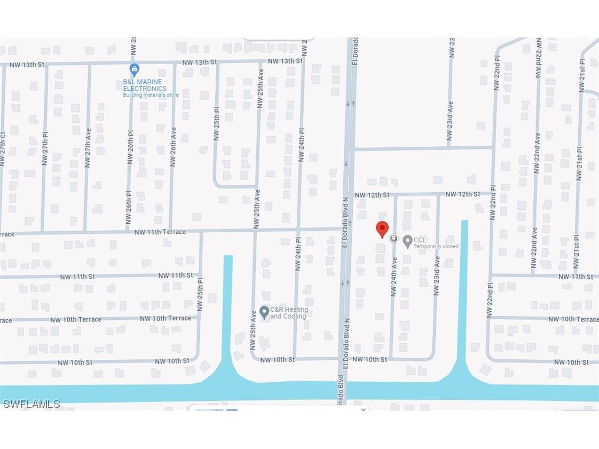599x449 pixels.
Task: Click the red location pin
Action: tap(382, 229)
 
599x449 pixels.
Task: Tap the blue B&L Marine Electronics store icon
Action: tap(135, 69)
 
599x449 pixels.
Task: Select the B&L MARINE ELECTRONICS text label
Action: tap(145, 85)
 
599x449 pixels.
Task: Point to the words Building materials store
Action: tap(151, 95)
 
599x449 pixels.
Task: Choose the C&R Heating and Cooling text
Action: tap(289, 313)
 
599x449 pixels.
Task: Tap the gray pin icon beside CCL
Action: tap(407, 241)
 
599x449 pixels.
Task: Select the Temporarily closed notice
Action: tap(436, 247)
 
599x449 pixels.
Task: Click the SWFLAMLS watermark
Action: tap(31, 404)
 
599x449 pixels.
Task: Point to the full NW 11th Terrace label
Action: tap(160, 232)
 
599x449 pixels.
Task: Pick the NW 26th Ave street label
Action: tap(173, 147)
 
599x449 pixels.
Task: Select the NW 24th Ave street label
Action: tap(394, 277)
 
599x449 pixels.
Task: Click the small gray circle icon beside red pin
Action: tap(393, 238)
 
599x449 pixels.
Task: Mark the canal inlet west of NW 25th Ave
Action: tap(228, 310)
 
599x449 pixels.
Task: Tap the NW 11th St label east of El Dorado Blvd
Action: tap(576, 277)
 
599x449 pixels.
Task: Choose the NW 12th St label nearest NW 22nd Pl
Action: tap(462, 194)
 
